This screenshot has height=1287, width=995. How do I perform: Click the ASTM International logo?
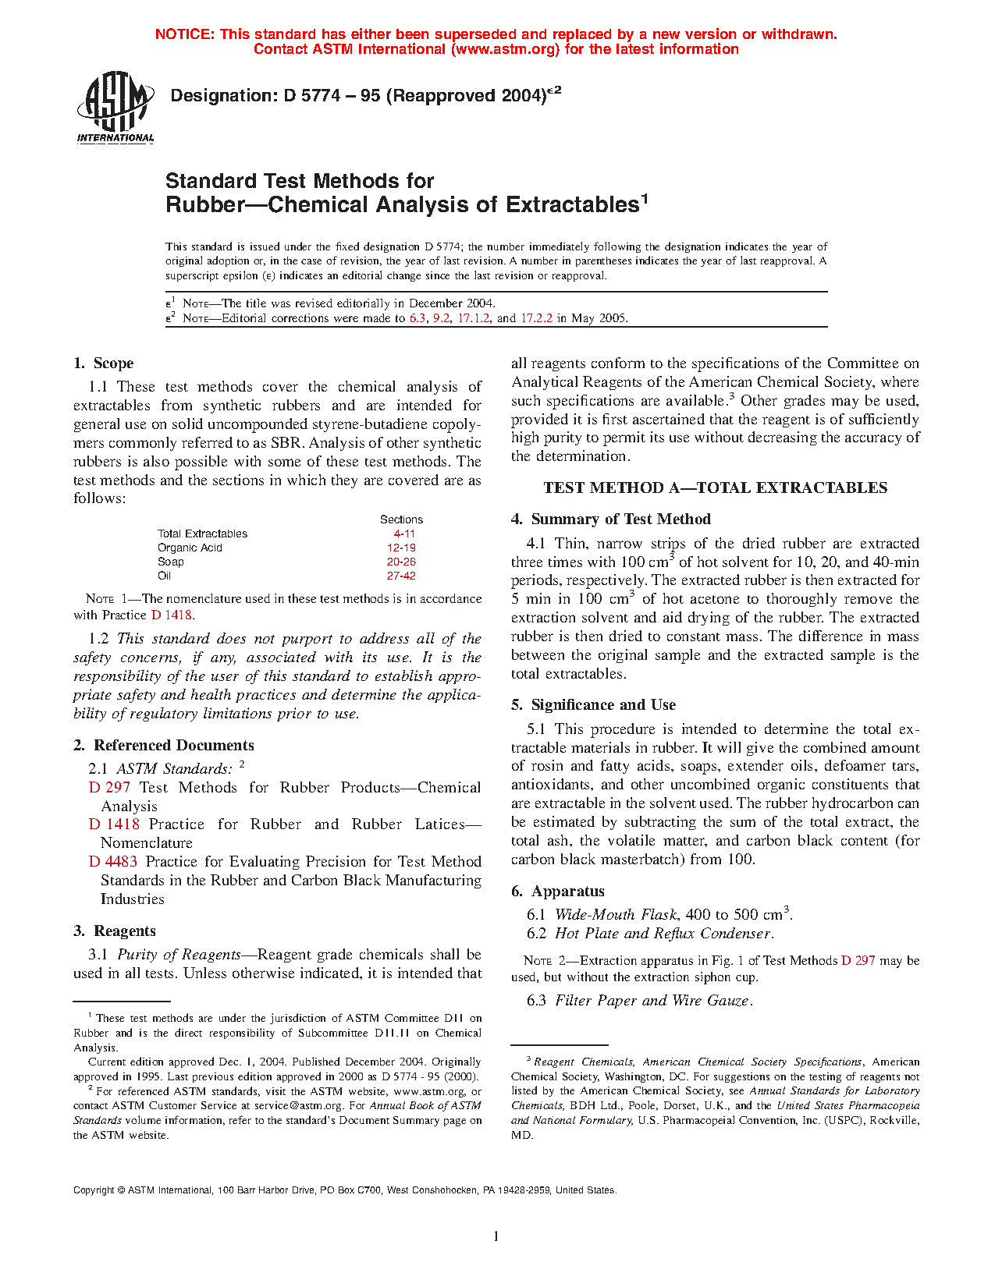[115, 108]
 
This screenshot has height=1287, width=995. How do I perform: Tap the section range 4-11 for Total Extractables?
[404, 534]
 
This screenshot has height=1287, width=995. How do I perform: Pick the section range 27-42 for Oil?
[401, 576]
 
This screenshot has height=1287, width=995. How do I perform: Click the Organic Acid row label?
[190, 548]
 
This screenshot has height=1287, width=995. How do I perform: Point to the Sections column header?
[401, 519]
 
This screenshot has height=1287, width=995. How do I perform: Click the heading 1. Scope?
[103, 363]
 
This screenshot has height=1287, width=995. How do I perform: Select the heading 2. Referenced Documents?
[164, 746]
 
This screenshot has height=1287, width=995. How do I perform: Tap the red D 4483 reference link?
[113, 862]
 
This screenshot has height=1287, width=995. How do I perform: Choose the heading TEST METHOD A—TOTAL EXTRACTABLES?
[715, 488]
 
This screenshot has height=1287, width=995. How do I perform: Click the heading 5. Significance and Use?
[593, 705]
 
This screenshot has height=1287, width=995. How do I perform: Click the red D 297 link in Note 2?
[858, 961]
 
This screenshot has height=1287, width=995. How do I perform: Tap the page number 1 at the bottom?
[496, 1236]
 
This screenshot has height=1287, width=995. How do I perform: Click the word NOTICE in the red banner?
[184, 34]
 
